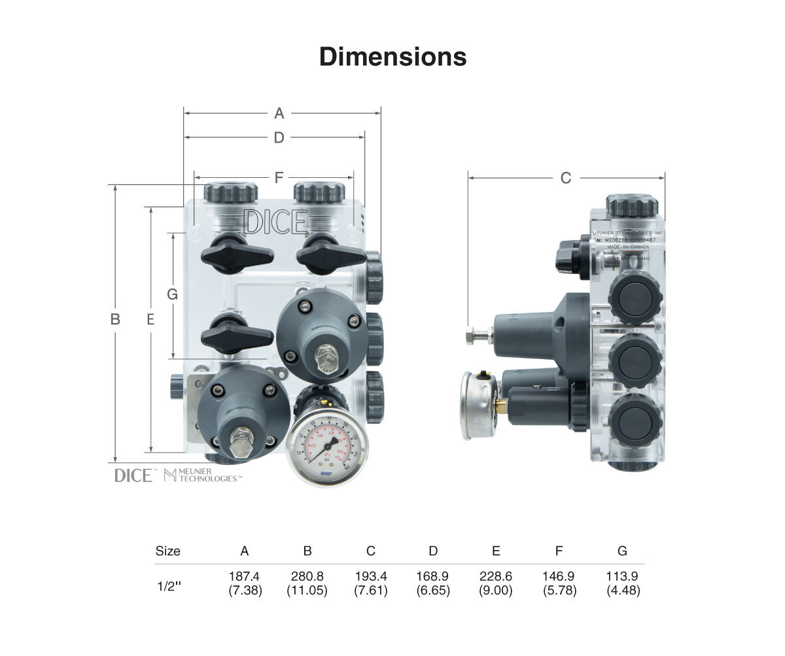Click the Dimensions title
(x=392, y=57)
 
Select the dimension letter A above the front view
(x=279, y=113)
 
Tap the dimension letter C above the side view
(x=566, y=177)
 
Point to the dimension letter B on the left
(x=115, y=319)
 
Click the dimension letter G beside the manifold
(x=172, y=294)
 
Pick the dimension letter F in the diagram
(x=279, y=177)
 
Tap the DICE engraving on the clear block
(x=275, y=222)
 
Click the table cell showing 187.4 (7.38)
(x=245, y=583)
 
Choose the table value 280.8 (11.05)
(x=307, y=583)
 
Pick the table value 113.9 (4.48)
(x=622, y=583)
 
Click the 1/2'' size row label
(x=169, y=586)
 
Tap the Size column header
(x=168, y=551)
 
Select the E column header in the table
(x=496, y=551)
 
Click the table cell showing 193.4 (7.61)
(x=371, y=583)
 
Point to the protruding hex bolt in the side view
(x=478, y=336)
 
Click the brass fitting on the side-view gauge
(x=500, y=406)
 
